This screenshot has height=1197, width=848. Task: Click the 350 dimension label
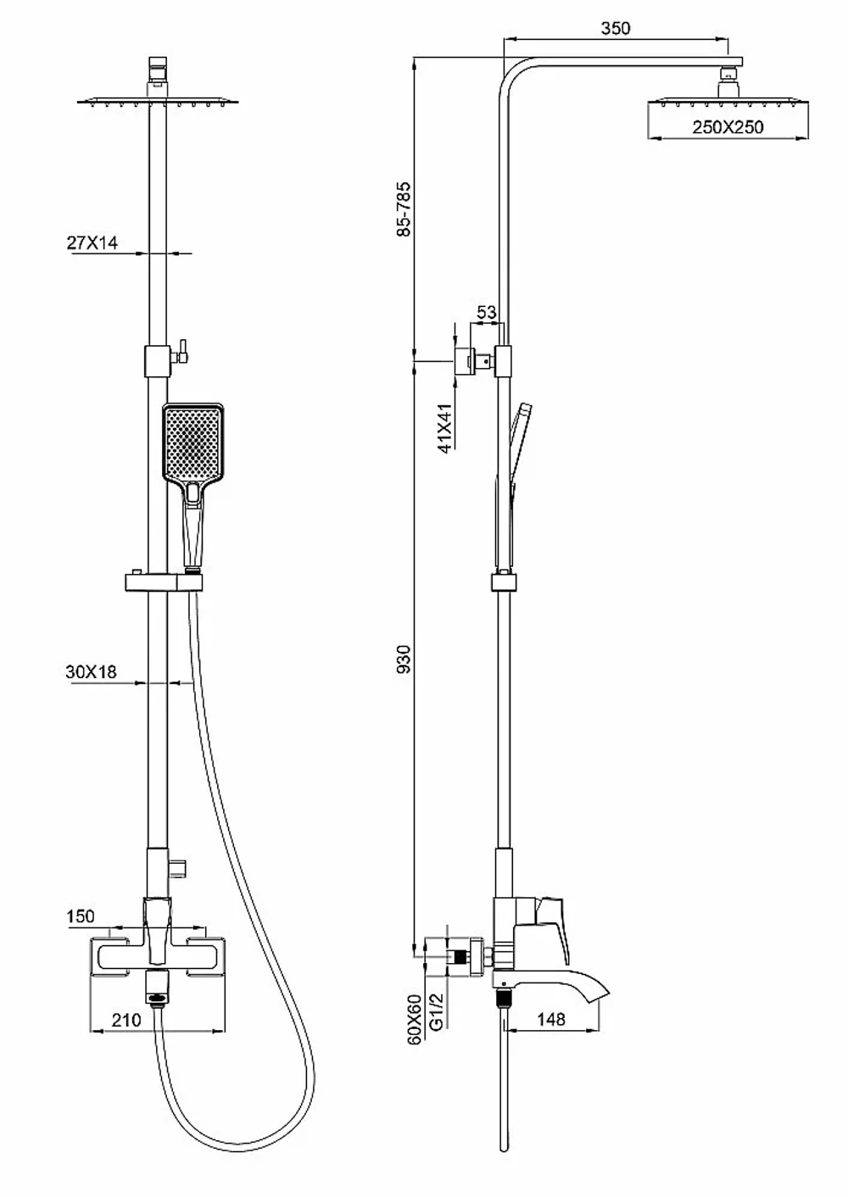pos(616,28)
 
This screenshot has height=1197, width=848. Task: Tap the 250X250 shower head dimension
pos(728,127)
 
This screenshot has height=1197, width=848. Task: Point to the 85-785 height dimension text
pos(404,209)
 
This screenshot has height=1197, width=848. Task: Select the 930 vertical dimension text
pos(404,659)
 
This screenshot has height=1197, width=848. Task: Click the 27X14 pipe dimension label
pos(92,243)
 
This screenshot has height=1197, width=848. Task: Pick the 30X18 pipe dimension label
pos(91,671)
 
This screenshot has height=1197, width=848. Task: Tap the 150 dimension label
pos(81,916)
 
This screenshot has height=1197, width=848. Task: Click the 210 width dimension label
pos(126,1020)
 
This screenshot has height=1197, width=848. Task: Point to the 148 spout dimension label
pos(550,1020)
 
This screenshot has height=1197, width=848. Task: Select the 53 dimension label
pos(487,312)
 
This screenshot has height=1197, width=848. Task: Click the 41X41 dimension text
pos(445,429)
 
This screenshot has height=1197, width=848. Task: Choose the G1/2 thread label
pos(437,1011)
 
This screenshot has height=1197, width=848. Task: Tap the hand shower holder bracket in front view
pos(164,582)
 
